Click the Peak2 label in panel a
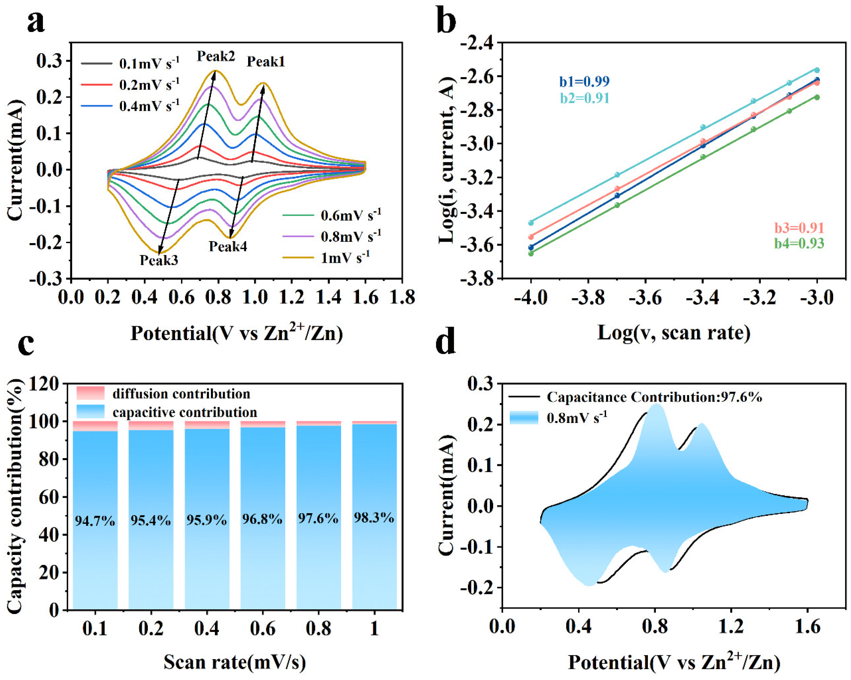[216, 56]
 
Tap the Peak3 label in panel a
[159, 260]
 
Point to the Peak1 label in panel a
[266, 62]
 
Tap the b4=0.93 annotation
[799, 243]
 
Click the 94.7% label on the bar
[95, 521]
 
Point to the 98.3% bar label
[374, 517]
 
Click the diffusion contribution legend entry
[181, 394]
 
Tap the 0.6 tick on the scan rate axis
[263, 628]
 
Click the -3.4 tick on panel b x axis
[702, 298]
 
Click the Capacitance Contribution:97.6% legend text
[654, 397]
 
